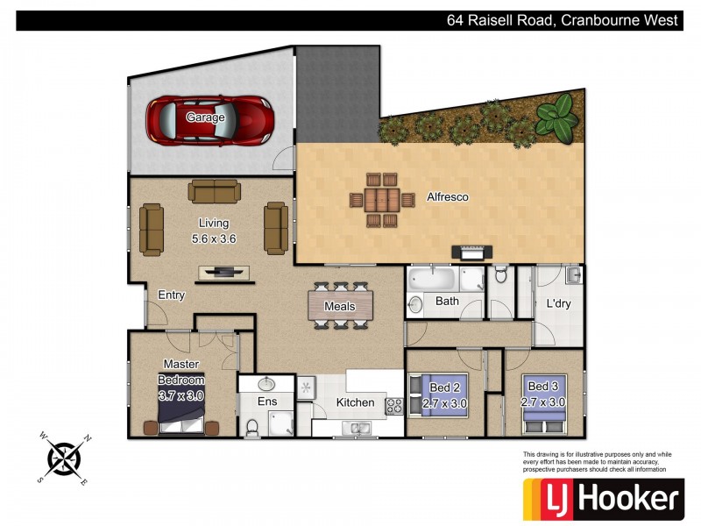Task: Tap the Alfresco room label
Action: click(x=447, y=197)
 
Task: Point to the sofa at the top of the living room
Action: click(x=213, y=191)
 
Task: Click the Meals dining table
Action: click(x=340, y=306)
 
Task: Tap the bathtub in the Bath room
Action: click(x=434, y=281)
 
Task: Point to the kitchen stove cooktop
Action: click(x=394, y=405)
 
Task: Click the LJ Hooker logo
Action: click(x=603, y=499)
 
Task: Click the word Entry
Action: click(x=171, y=295)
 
